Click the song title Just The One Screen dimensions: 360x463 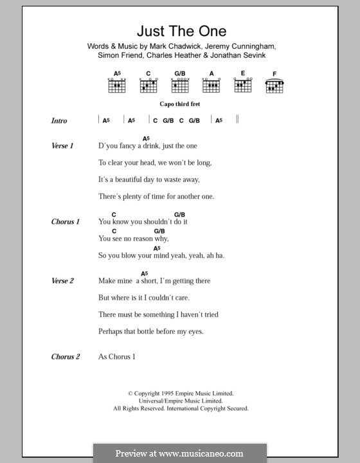[181, 31]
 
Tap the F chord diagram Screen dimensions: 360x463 [274, 84]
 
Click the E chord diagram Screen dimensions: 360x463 [243, 84]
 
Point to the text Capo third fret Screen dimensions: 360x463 [181, 103]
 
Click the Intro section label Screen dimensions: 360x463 [59, 121]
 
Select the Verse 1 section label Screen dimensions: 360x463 [62, 146]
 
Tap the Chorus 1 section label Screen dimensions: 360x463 [65, 222]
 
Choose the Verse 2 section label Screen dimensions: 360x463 [62, 281]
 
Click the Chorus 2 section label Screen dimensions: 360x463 [65, 357]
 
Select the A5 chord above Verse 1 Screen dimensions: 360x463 [146, 138]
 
